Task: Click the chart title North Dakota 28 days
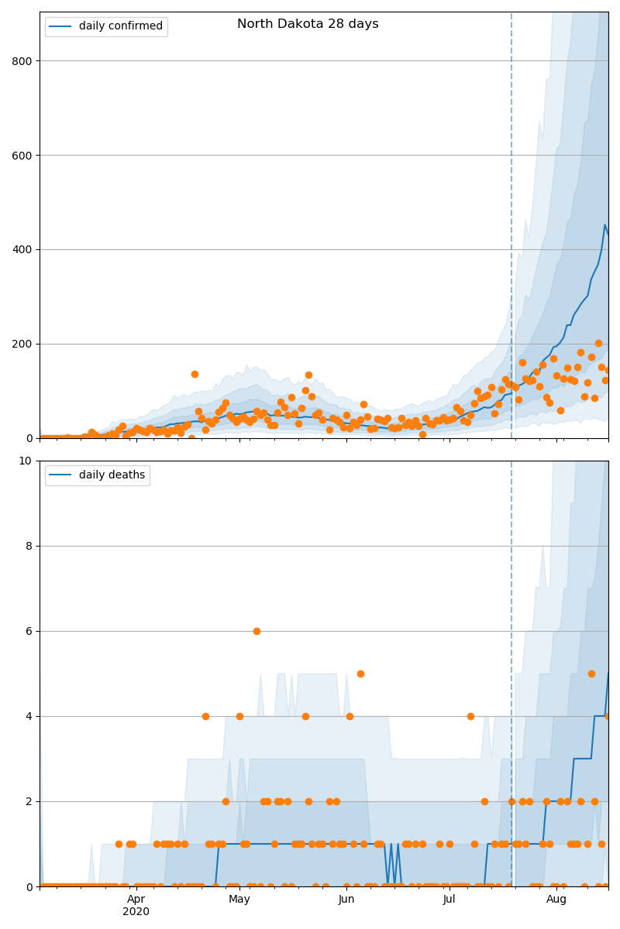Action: point(308,24)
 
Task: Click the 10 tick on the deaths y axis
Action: point(26,461)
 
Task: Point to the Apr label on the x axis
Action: point(136,899)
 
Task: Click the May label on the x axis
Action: point(239,899)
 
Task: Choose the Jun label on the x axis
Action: point(346,899)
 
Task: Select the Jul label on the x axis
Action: point(449,899)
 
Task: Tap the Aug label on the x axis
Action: point(556,899)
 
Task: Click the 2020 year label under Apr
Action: point(136,911)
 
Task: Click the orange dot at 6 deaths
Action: point(257,631)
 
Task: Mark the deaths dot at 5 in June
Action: point(360,674)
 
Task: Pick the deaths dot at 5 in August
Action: point(591,674)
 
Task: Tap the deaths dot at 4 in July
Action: point(470,716)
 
